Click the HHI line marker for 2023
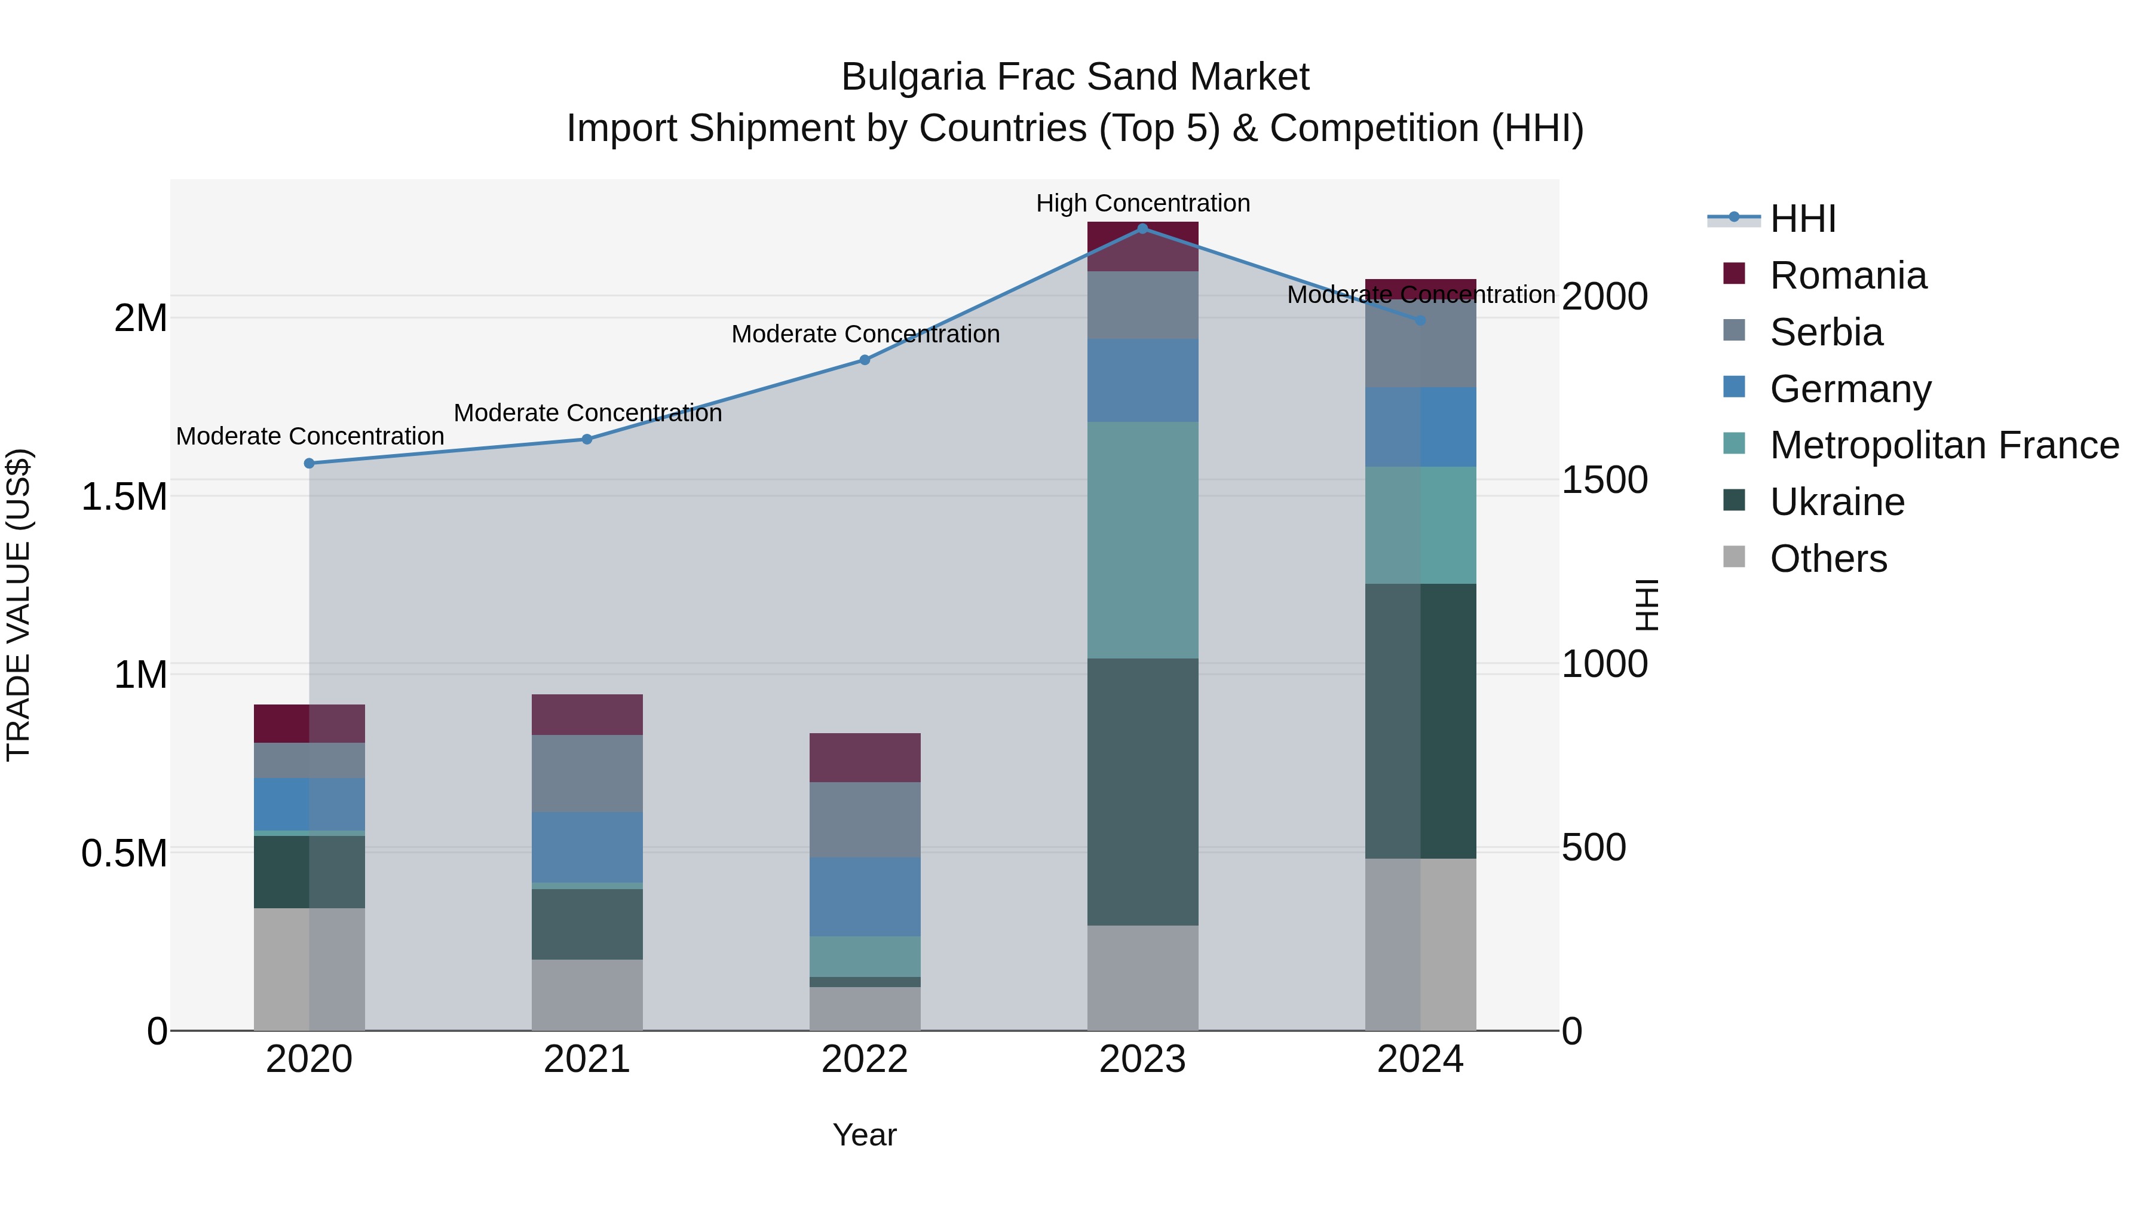click(1142, 228)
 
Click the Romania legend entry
click(1847, 275)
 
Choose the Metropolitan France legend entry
click(1943, 445)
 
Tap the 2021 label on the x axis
click(587, 1059)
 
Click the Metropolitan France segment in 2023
click(1142, 540)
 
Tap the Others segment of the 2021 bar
click(587, 994)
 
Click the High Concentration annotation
click(1142, 203)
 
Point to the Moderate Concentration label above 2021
click(587, 412)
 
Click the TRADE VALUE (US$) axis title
click(19, 605)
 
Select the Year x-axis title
click(864, 1135)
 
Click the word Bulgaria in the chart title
click(912, 77)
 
